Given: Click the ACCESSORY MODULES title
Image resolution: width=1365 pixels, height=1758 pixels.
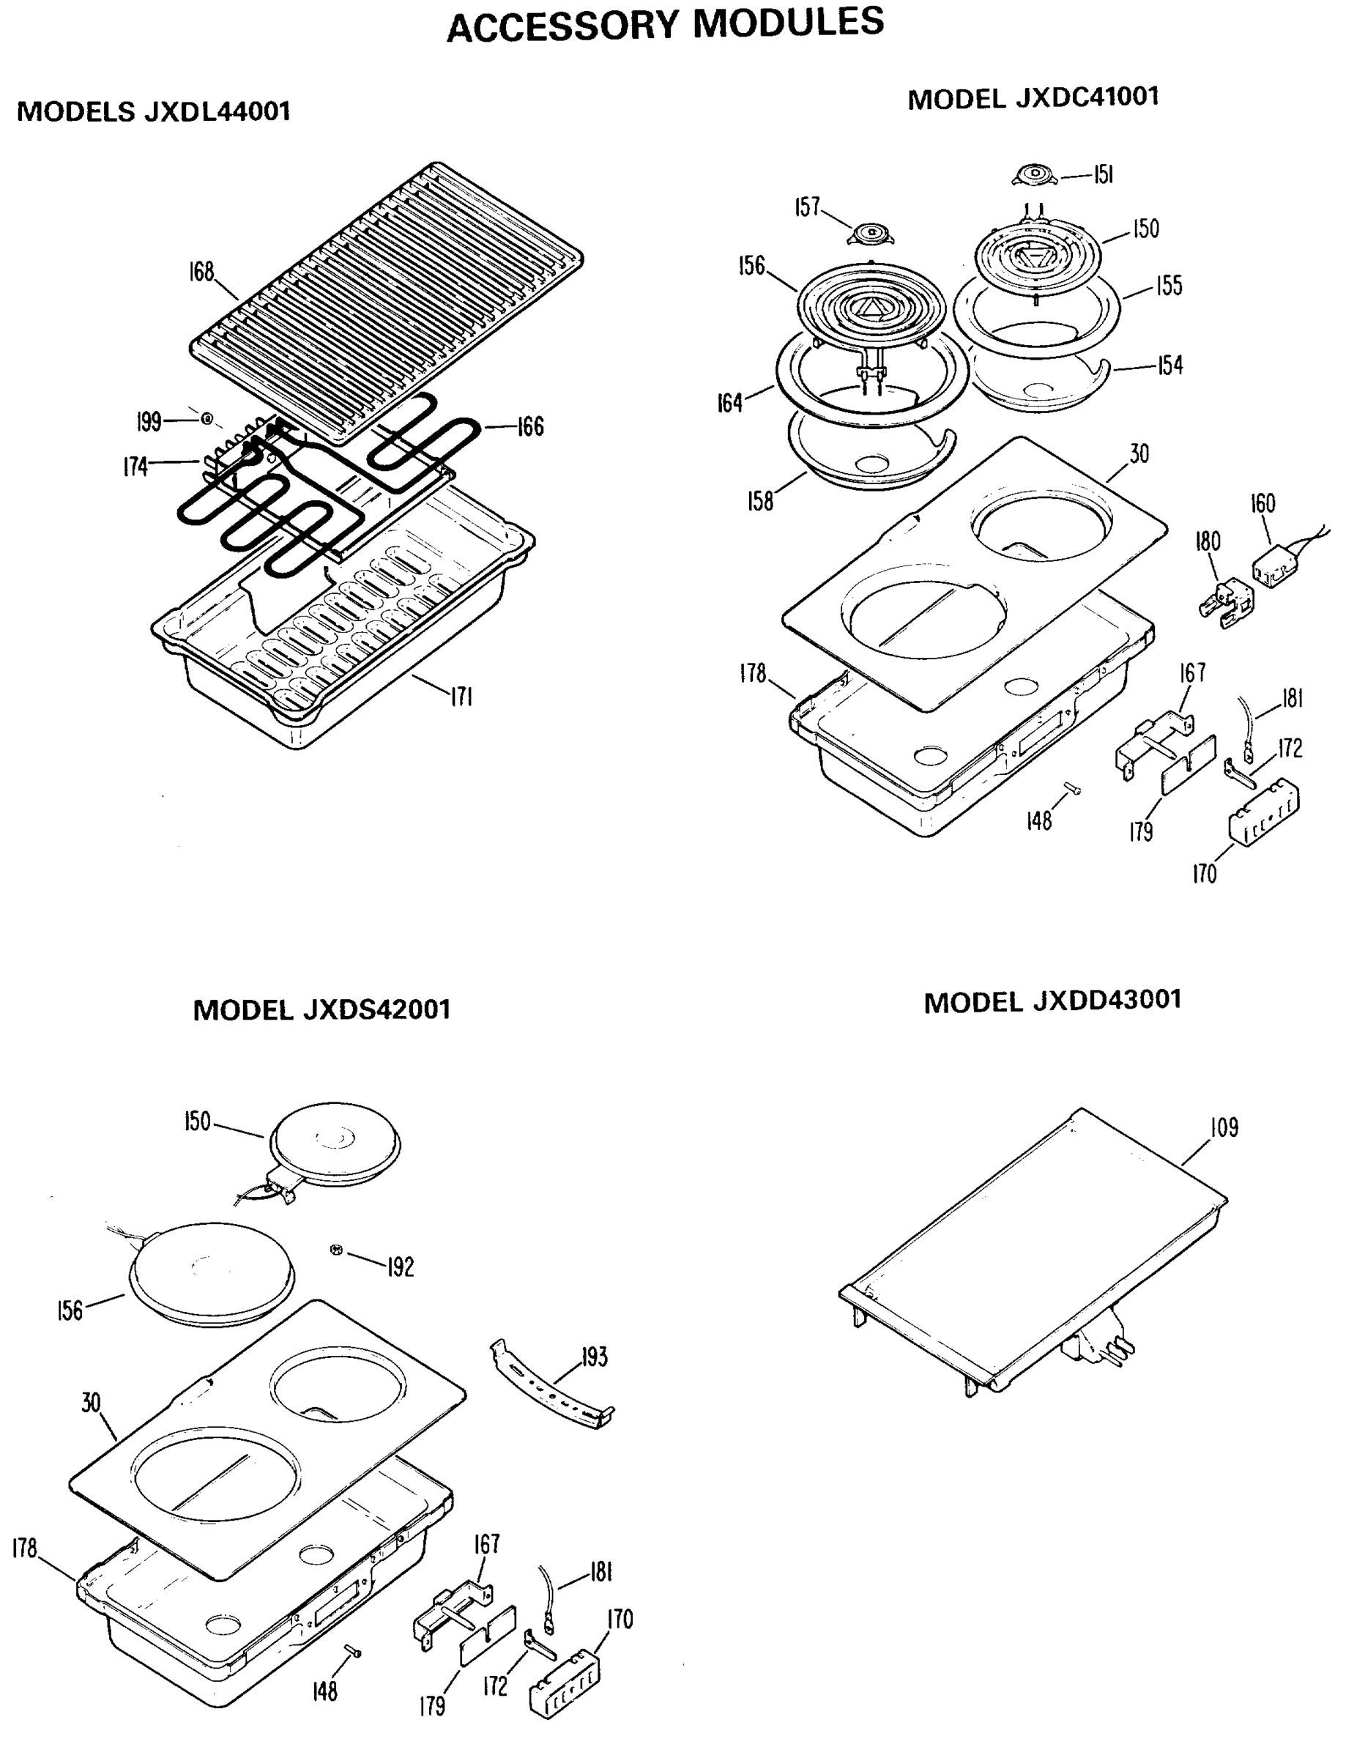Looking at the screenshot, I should (665, 24).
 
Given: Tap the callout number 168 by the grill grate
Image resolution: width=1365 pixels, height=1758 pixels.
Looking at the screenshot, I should (201, 272).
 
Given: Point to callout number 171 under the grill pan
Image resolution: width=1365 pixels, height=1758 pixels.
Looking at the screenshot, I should (461, 697).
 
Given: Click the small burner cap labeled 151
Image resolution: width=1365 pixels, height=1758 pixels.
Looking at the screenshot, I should (1034, 176).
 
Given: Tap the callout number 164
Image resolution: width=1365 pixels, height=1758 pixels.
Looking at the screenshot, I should (729, 402).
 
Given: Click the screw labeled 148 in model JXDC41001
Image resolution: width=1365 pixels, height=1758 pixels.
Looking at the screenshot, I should (1071, 789).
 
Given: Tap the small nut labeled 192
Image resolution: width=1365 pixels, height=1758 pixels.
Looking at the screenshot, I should (336, 1249).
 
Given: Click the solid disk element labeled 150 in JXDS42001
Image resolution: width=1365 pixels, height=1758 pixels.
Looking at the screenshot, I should (334, 1145).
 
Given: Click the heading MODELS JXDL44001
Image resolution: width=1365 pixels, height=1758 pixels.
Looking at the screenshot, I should (153, 111).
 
